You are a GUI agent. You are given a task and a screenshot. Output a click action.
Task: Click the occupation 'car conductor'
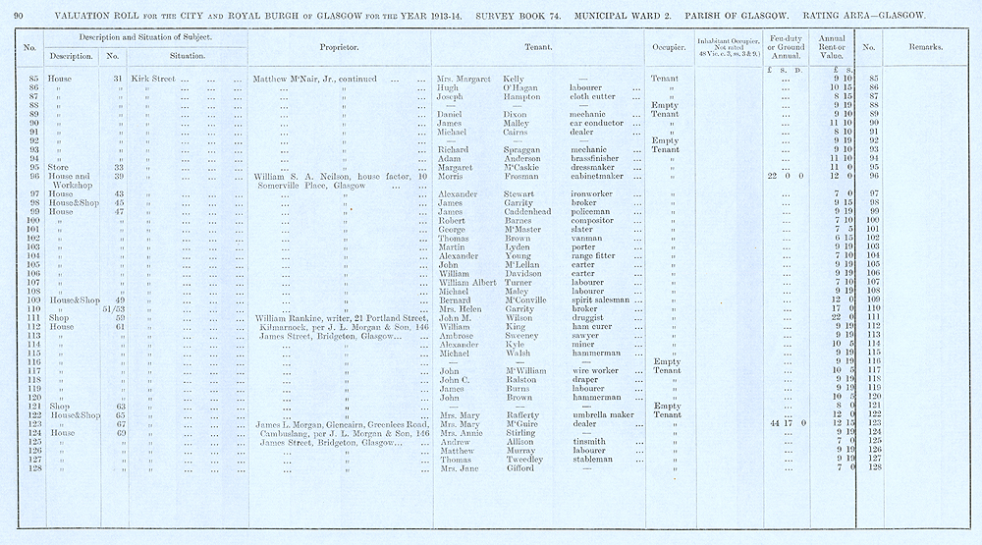[600, 123]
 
